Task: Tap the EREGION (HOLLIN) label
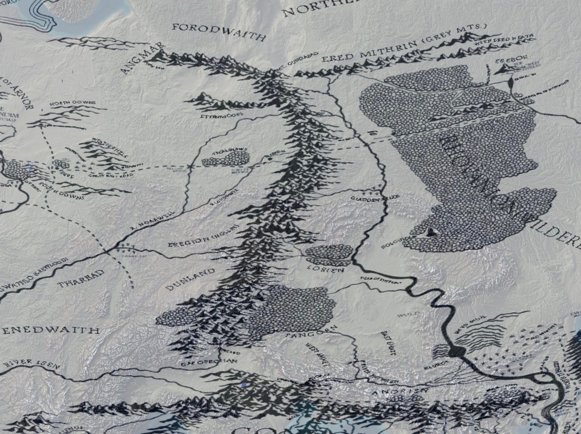coord(205,237)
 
